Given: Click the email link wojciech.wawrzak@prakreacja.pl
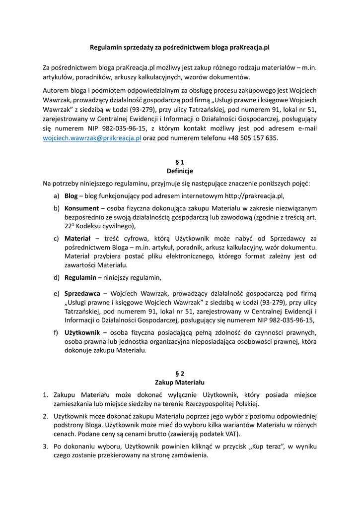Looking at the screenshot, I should coord(92,138).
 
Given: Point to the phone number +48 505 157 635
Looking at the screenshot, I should coord(252,138).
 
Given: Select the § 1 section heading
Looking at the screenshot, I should coord(180,162).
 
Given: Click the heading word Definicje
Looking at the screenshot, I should coord(180,171).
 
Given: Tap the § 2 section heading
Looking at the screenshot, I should coord(180,373).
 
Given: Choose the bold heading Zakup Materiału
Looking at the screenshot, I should coord(180,382).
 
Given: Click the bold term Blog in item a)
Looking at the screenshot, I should coord(71,196).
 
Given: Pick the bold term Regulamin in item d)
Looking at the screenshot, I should coord(80,277).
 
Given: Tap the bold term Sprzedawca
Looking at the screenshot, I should coord(82,294).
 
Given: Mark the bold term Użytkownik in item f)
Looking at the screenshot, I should coord(82,332).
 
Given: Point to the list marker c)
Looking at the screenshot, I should coord(57,239).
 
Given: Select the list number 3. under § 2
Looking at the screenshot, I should coord(45,447).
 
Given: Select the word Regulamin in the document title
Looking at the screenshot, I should coord(106,48).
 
